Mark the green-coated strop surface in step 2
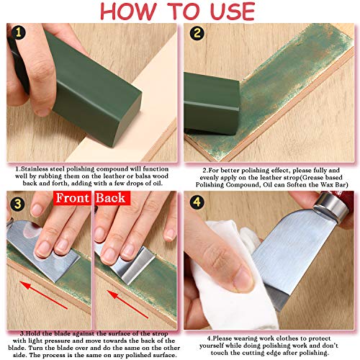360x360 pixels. click(288, 94)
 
